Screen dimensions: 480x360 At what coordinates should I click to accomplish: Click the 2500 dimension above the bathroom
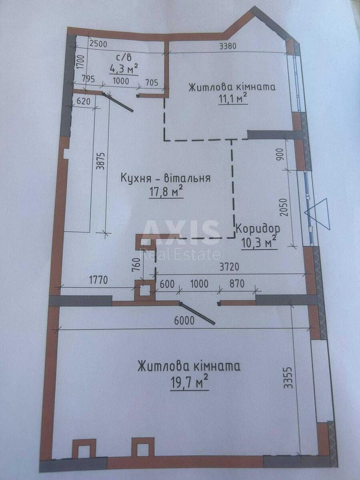(98, 44)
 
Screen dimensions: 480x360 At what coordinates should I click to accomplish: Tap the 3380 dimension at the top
(228, 46)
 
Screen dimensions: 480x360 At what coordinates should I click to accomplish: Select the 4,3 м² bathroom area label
(124, 69)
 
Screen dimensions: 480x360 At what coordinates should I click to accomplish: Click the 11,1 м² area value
(232, 98)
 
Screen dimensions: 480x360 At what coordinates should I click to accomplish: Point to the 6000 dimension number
(184, 320)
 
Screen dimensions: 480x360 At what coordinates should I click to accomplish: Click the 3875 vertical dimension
(101, 161)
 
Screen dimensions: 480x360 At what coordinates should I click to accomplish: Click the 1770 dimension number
(97, 280)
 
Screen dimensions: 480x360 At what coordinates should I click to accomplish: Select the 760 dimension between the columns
(136, 265)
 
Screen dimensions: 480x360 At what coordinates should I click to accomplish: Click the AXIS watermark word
(181, 232)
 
